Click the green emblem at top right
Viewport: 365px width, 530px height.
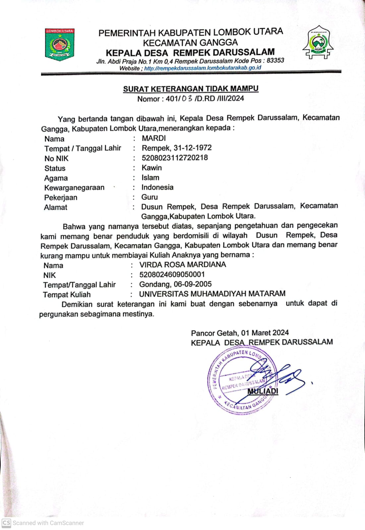point(318,42)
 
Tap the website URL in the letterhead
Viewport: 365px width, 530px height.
point(203,68)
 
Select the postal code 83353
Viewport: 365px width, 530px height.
point(275,60)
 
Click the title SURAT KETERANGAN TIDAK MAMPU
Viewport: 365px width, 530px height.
point(191,89)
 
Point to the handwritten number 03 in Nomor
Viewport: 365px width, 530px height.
point(187,98)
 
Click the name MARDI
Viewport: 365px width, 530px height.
point(154,138)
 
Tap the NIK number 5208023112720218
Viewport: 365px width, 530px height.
point(175,158)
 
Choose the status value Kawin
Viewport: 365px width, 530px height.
point(152,168)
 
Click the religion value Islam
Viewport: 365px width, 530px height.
point(150,178)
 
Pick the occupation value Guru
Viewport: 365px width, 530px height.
point(150,197)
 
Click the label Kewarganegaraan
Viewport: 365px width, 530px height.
point(74,188)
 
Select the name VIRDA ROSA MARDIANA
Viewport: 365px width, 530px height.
point(183,265)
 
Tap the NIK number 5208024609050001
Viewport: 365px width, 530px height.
point(172,275)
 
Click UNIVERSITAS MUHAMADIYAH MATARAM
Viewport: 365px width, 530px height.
point(212,294)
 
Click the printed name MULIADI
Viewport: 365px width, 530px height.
point(263,391)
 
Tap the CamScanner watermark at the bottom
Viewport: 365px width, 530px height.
point(43,523)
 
